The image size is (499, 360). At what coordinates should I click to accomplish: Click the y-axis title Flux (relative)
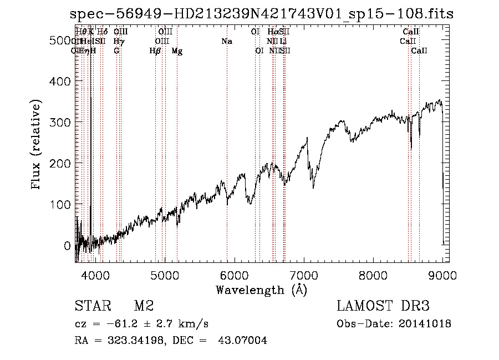tap(37, 145)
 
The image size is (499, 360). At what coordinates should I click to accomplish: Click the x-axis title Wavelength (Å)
tap(261, 289)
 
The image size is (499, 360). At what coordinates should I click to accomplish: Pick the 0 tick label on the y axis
tap(68, 245)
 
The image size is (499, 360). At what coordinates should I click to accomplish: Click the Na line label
tap(226, 42)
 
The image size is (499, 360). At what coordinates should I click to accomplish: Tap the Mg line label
tap(177, 51)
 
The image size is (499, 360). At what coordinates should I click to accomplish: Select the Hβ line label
tap(155, 51)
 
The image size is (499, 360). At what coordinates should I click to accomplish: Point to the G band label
tap(116, 51)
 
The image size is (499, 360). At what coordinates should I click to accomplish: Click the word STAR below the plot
tap(92, 306)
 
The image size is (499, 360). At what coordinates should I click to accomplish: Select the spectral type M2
tap(144, 306)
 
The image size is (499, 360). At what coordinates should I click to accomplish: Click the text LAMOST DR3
tap(383, 306)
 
